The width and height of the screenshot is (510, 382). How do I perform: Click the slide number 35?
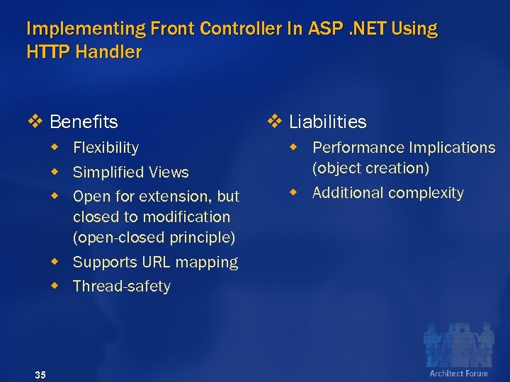[40, 374]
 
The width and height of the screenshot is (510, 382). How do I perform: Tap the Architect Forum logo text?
[458, 373]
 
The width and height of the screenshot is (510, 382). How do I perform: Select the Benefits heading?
[84, 122]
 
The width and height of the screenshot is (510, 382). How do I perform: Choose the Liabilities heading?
[327, 122]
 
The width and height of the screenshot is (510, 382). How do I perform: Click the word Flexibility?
[106, 148]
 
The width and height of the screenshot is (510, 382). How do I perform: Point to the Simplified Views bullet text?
[130, 173]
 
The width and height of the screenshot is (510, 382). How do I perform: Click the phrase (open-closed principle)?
[154, 237]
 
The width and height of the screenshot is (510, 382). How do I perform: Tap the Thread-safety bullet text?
[121, 286]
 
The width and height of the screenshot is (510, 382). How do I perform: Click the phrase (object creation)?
[370, 168]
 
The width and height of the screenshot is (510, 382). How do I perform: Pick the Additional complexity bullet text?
[387, 193]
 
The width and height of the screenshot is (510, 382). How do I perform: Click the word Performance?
[355, 148]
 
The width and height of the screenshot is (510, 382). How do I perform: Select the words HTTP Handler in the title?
[84, 52]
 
